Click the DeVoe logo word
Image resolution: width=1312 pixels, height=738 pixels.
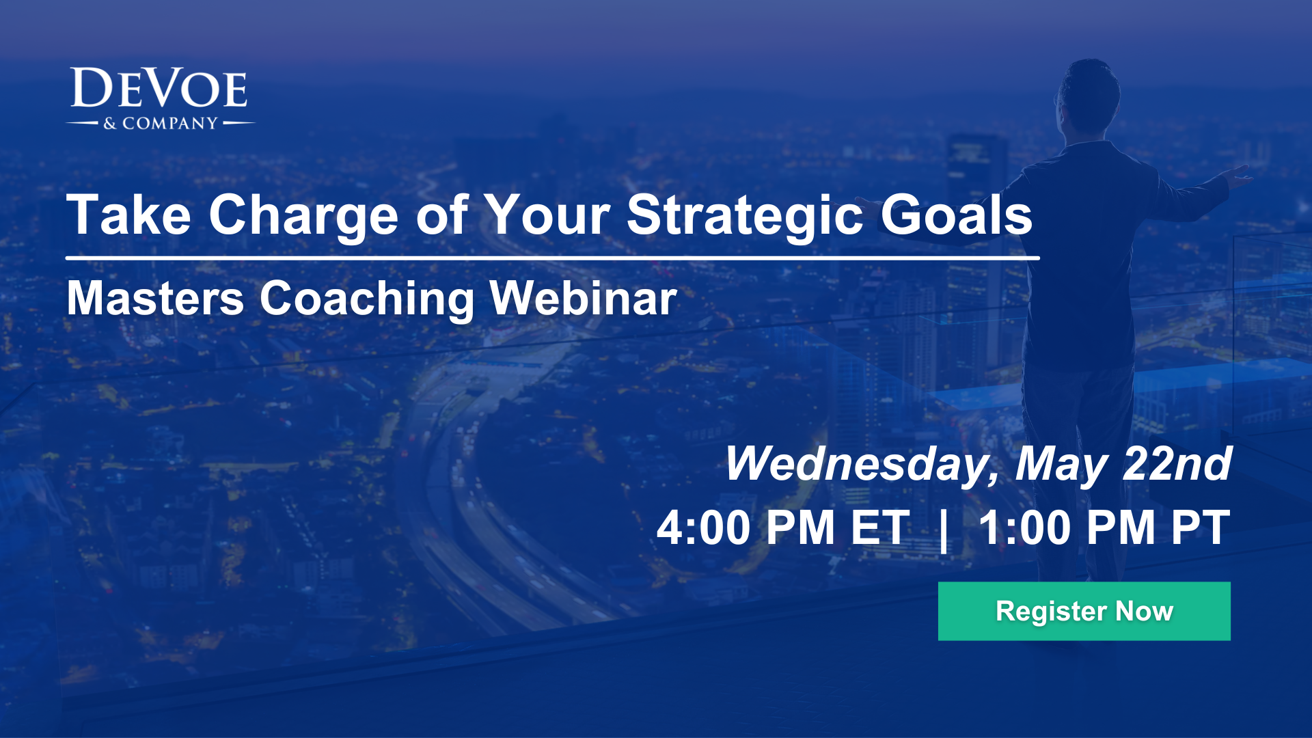[159, 89]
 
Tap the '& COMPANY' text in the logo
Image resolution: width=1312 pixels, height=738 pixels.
[161, 124]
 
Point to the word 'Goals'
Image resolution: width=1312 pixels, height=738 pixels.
[956, 215]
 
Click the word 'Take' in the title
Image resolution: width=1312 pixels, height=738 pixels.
[128, 215]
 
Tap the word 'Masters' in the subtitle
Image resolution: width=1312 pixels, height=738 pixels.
[155, 299]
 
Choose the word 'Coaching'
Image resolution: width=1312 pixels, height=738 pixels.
[366, 299]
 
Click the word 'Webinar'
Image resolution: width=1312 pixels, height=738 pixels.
[583, 299]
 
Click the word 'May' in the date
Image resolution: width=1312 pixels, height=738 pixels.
[1061, 465]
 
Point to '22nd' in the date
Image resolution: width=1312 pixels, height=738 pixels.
[1177, 465]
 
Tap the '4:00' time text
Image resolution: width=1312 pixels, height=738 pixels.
[704, 528]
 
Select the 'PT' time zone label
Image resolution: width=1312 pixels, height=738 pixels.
[1200, 528]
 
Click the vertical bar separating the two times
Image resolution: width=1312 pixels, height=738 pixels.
[944, 530]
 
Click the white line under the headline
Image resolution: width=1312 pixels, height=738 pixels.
[552, 258]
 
